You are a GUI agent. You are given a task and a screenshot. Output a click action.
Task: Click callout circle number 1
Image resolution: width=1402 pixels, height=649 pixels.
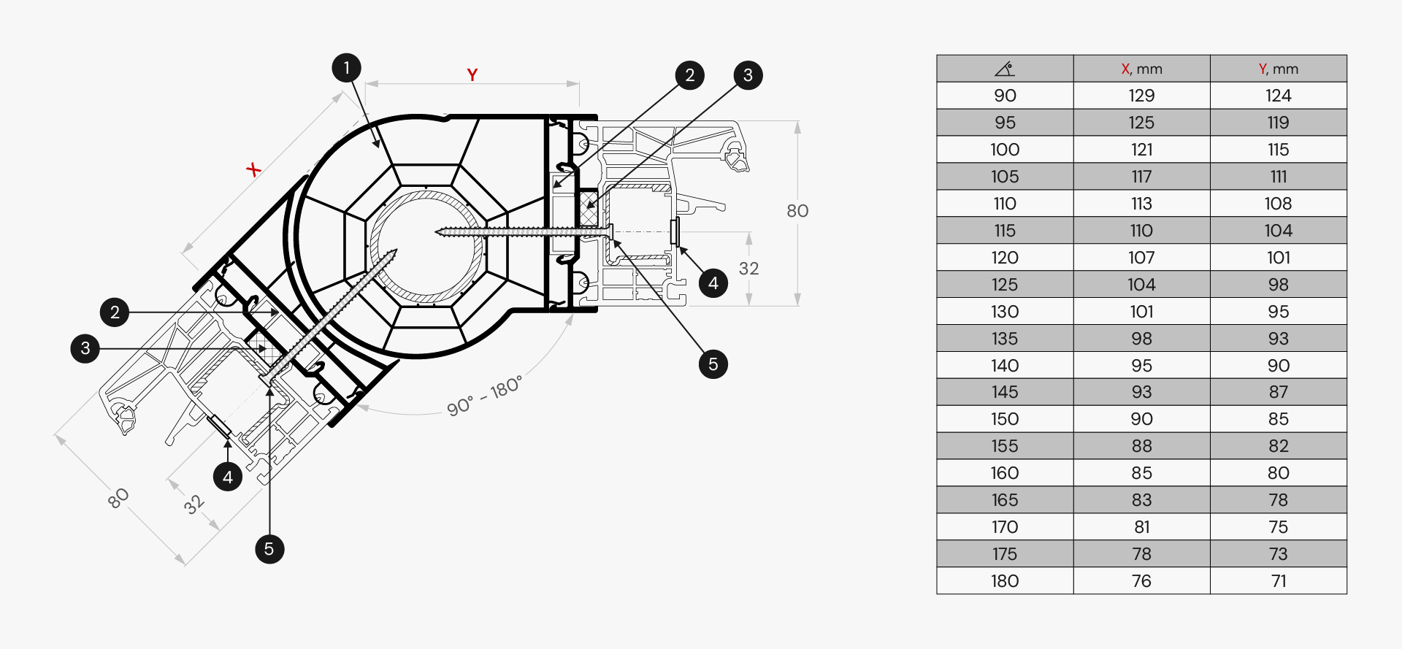click(346, 68)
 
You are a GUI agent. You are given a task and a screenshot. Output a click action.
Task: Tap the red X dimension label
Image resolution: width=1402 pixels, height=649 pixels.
click(253, 170)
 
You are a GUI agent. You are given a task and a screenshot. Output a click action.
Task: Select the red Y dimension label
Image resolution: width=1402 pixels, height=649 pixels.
click(472, 74)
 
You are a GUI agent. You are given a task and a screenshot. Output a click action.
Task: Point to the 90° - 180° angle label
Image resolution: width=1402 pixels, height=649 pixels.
click(485, 396)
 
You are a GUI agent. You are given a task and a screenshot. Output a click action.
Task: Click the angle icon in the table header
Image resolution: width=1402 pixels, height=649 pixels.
click(1005, 69)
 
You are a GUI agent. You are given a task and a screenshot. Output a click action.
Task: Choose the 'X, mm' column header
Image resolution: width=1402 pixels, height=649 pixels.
click(1141, 69)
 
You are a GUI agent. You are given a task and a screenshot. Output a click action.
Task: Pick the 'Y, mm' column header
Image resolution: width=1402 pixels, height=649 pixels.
click(1278, 69)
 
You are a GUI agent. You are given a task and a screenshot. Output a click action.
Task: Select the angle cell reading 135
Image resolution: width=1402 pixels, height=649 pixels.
click(1005, 339)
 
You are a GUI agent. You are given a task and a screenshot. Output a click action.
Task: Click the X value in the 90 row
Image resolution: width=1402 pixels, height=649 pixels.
click(1141, 96)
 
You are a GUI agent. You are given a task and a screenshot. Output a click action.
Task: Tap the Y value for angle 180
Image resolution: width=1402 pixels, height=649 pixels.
click(1278, 581)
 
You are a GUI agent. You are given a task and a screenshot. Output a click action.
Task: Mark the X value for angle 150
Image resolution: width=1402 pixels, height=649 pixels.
click(1141, 419)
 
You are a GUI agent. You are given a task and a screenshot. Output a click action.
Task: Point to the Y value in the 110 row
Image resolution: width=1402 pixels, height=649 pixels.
click(1278, 204)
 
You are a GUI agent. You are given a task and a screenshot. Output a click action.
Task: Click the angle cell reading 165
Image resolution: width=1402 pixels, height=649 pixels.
click(1005, 500)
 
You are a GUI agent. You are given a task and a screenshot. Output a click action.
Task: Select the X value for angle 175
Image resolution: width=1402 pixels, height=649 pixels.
click(1141, 554)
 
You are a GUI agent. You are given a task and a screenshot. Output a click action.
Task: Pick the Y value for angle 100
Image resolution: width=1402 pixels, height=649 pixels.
click(1278, 150)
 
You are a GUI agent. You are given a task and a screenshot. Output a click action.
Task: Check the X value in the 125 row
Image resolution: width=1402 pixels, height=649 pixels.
click(1141, 285)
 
